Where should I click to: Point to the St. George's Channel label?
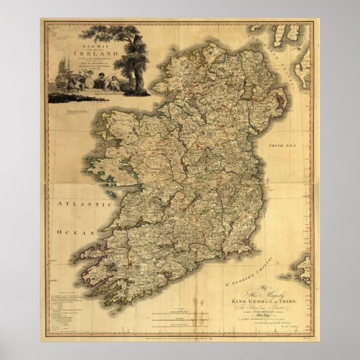(x=231, y=276)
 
